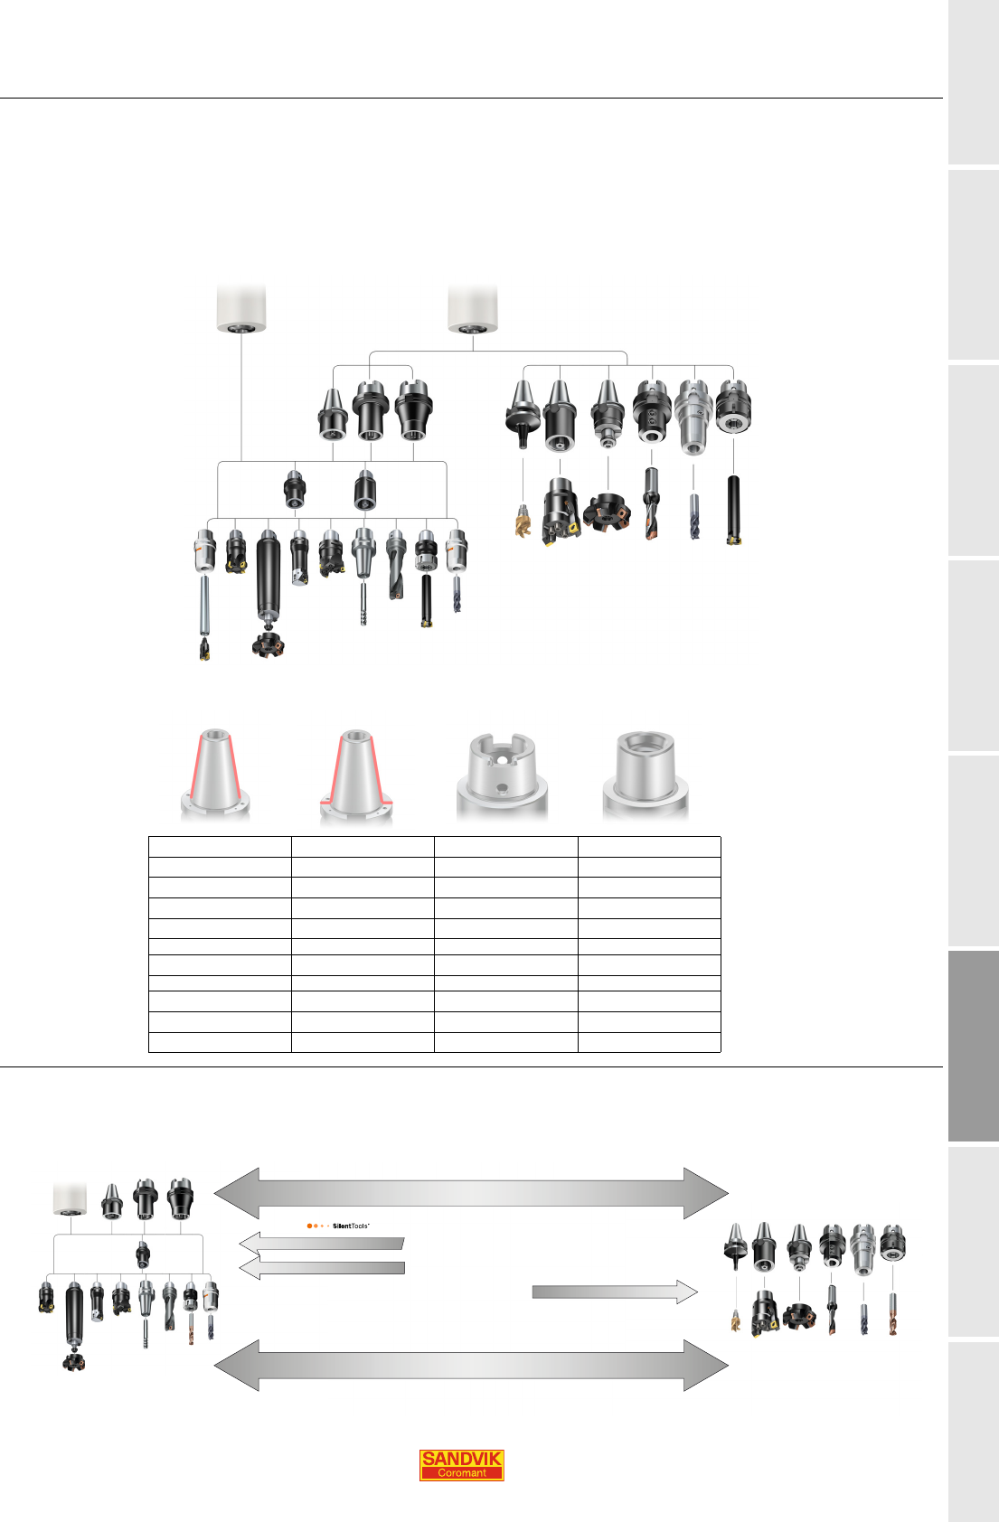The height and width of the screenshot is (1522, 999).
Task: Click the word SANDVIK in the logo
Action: (x=461, y=1458)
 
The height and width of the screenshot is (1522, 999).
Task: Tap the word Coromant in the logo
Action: (x=461, y=1473)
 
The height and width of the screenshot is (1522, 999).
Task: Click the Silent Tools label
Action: (x=338, y=1226)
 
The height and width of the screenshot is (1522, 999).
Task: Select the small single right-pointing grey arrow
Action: (x=615, y=1292)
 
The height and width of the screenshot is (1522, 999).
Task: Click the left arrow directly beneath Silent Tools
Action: (x=322, y=1244)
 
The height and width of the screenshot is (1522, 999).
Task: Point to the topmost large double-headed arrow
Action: (x=471, y=1193)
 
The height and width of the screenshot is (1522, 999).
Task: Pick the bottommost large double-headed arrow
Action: (x=471, y=1365)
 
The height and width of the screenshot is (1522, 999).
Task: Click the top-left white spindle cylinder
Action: (x=241, y=309)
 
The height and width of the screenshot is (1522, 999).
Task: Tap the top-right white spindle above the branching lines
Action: (x=472, y=309)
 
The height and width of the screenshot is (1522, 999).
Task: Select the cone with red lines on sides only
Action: (x=215, y=774)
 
